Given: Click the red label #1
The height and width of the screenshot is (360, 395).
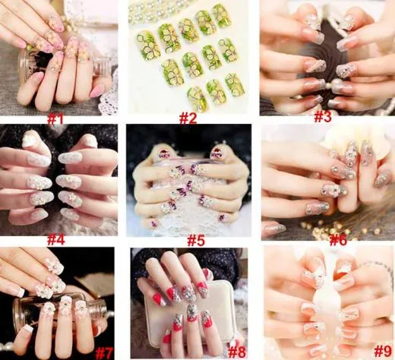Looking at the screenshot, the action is click(55, 120).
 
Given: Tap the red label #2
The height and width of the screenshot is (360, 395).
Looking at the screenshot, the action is click(188, 118).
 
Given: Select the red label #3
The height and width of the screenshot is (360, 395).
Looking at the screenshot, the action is click(323, 116).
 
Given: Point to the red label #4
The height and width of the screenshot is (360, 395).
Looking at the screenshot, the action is click(56, 240).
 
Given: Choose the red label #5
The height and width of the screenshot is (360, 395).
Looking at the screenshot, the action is click(196, 241).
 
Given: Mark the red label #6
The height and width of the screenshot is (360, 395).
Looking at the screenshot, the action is click(338, 240).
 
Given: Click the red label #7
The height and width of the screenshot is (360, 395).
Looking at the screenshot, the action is click(104, 353).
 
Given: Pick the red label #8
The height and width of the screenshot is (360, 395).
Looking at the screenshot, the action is click(237, 352).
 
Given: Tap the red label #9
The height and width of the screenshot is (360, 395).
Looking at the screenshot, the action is click(383, 352).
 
